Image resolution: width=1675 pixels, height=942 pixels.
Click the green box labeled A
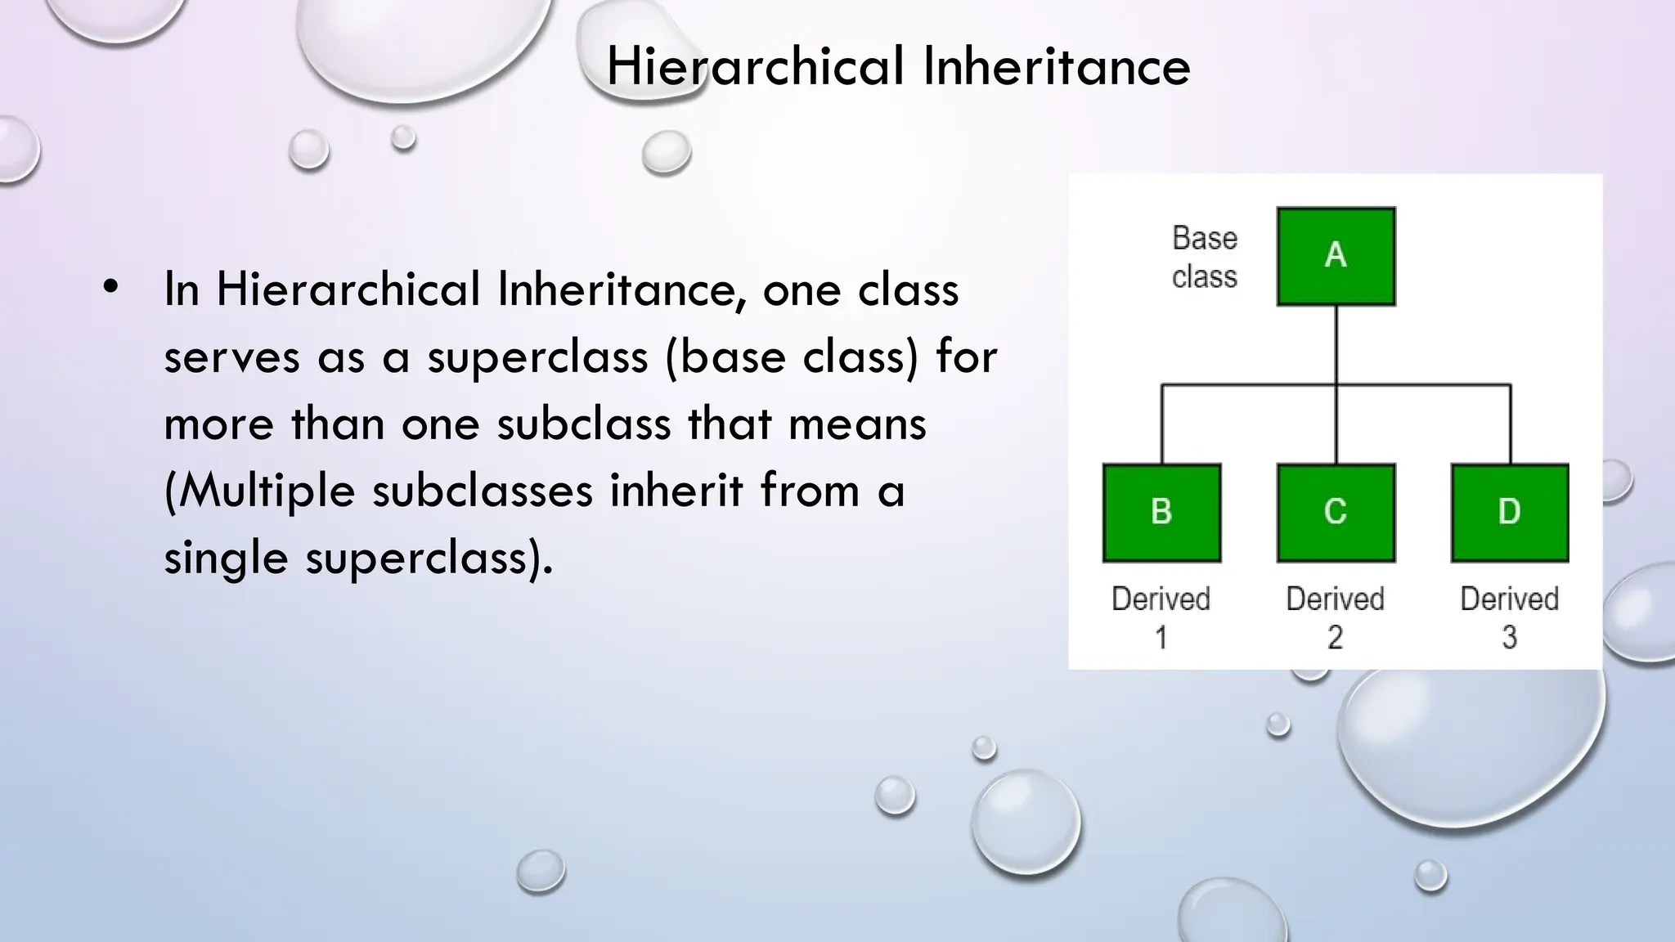click(1336, 256)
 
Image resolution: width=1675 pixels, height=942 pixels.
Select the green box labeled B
click(1161, 513)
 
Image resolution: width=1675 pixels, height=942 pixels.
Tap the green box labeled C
click(1336, 513)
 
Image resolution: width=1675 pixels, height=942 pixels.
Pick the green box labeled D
click(1510, 513)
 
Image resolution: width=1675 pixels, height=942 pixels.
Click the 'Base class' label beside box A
click(1204, 258)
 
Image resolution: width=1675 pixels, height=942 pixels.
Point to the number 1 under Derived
click(1161, 638)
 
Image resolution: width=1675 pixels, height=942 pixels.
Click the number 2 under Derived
click(1335, 638)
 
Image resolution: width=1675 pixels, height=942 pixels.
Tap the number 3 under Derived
click(1509, 638)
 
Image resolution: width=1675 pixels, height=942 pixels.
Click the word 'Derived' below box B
click(1161, 599)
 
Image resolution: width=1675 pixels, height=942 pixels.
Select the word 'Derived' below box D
click(1509, 599)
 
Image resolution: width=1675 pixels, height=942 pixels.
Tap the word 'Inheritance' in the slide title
click(1056, 66)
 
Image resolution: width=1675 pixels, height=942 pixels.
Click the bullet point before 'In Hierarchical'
click(111, 287)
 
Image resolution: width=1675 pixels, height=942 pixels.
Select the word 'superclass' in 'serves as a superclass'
click(537, 357)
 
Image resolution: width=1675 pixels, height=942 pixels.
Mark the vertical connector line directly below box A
click(1336, 344)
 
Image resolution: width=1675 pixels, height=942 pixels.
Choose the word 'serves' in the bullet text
click(231, 357)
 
